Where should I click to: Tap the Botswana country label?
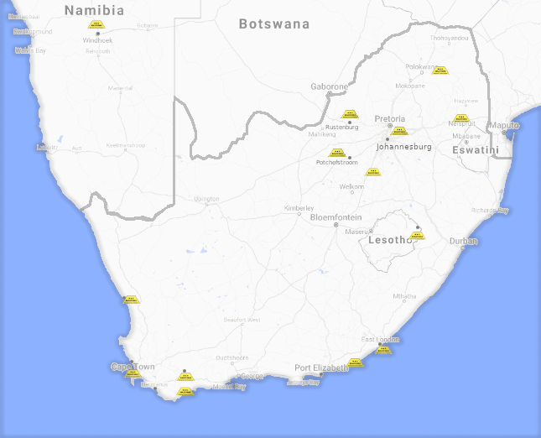point(274,24)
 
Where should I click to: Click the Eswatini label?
point(476,150)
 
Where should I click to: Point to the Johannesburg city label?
point(404,147)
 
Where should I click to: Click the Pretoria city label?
point(390,118)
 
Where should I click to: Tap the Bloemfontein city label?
point(336,216)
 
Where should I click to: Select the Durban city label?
point(463,241)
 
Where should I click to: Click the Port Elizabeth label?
point(321,368)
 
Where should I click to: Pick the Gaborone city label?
point(329,86)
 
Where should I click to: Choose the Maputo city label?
point(505,125)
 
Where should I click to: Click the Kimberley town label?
point(299,208)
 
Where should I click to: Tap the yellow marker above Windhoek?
point(96,24)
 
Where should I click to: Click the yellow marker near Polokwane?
point(440,70)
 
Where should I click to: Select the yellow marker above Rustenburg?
point(350,114)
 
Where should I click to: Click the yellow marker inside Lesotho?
point(418,235)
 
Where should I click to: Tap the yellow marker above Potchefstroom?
point(337,153)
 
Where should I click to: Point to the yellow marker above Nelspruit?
point(460,117)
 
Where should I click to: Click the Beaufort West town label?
point(242,320)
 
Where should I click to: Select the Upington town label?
point(206,199)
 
